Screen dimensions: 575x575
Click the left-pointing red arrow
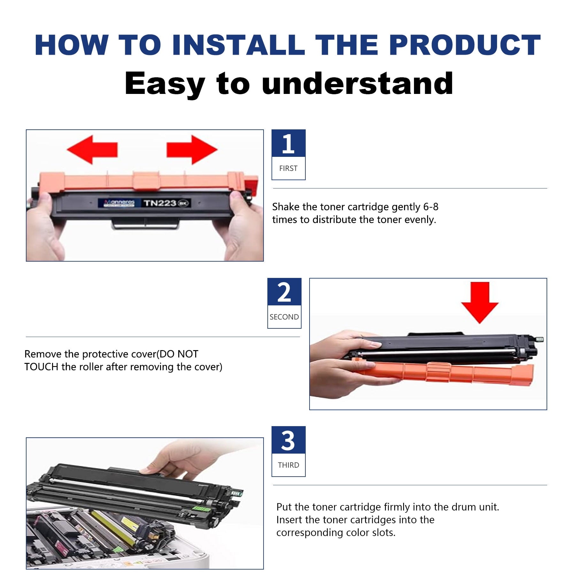click(92, 149)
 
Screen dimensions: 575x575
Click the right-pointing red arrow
click(192, 149)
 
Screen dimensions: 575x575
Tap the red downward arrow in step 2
click(479, 303)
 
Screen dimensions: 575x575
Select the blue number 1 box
click(288, 143)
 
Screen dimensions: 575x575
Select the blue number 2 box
click(284, 292)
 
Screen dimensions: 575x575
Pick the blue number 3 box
click(288, 440)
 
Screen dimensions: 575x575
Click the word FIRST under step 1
click(288, 168)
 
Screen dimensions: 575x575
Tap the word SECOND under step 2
click(284, 317)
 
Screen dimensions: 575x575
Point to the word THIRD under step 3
click(288, 465)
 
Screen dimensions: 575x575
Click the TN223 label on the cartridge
click(160, 203)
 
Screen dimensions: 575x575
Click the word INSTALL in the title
click(238, 45)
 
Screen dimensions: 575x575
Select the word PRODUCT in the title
click(465, 45)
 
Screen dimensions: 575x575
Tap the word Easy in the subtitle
click(165, 84)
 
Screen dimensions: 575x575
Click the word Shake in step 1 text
click(286, 207)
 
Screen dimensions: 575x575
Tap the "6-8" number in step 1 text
click(431, 207)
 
